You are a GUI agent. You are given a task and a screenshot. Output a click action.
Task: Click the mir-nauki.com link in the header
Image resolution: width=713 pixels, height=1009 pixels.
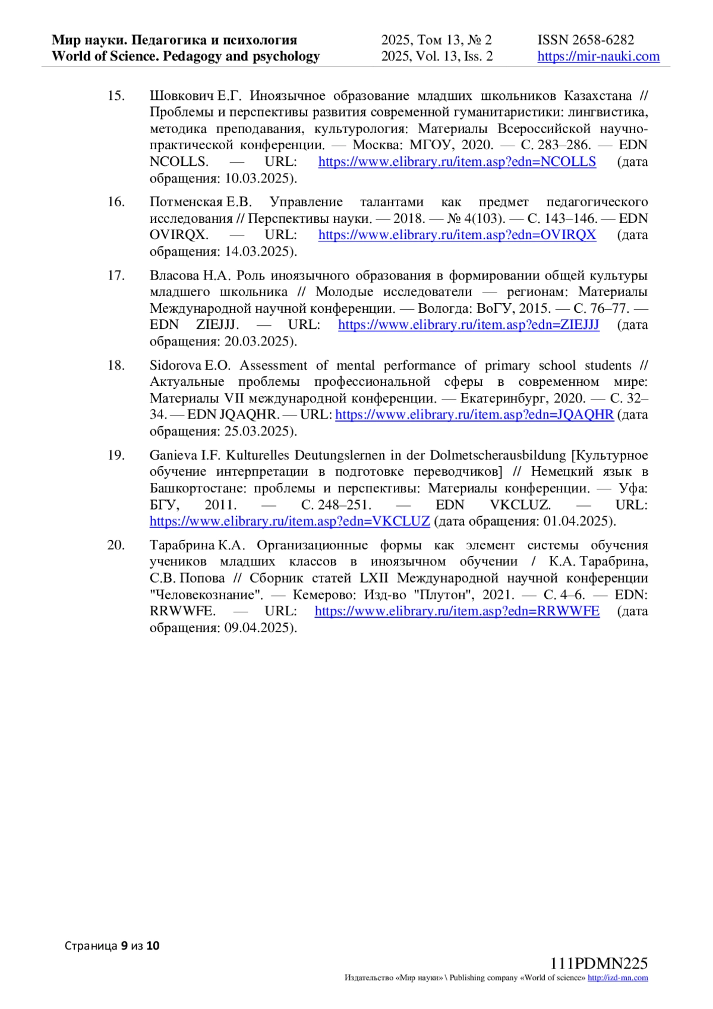coord(598,56)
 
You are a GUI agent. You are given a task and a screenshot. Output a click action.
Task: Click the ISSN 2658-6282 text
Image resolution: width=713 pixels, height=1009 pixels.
coord(585,40)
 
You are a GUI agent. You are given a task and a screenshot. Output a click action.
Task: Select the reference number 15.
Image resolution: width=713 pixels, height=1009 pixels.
coord(116,96)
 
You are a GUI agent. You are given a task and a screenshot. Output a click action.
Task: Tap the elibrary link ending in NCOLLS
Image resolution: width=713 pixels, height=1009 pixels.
coord(457,162)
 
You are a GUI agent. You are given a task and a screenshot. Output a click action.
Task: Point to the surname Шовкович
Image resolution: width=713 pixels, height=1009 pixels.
coord(181,96)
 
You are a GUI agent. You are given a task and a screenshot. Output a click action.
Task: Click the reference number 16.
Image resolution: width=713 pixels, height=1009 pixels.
coord(116,202)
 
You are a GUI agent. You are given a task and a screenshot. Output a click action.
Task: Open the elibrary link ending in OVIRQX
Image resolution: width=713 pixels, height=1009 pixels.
coord(457,235)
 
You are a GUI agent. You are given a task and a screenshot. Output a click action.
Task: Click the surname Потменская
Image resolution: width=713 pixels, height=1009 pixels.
coord(186,202)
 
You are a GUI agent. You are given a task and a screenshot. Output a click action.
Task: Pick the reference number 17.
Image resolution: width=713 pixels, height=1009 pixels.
coord(116,275)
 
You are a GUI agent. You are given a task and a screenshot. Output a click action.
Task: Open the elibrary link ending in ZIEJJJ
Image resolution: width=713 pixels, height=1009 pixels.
coord(468,325)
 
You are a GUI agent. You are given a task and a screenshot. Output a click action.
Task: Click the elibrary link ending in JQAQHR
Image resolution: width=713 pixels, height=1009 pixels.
coord(474,414)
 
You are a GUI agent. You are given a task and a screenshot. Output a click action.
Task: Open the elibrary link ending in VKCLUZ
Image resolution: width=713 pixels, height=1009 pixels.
coord(289,521)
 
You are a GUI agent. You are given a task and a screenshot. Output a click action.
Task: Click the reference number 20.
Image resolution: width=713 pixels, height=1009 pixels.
coord(116,545)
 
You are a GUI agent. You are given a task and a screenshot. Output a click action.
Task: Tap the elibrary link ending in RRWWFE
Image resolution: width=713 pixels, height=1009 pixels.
coord(457,611)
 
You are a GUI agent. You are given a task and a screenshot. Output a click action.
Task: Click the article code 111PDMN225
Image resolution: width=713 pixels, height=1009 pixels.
coord(598,964)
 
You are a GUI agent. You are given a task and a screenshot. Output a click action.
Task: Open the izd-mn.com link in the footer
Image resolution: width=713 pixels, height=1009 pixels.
coord(617,978)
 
